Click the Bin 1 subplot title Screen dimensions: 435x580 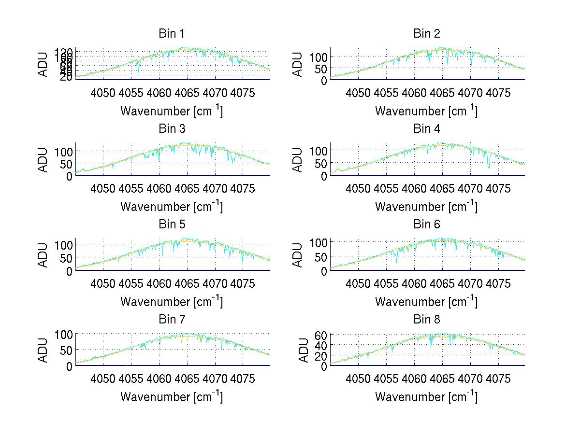pos(172,34)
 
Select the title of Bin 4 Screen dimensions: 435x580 pos(427,129)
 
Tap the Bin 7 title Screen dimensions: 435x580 pos(172,320)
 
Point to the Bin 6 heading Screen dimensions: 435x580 pos(427,225)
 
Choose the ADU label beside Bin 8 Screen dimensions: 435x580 pos(303,350)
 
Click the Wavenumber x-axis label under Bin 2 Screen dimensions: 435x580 pos(426,111)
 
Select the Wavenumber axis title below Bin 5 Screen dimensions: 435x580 pos(171,302)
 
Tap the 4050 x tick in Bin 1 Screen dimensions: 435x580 pos(103,93)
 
